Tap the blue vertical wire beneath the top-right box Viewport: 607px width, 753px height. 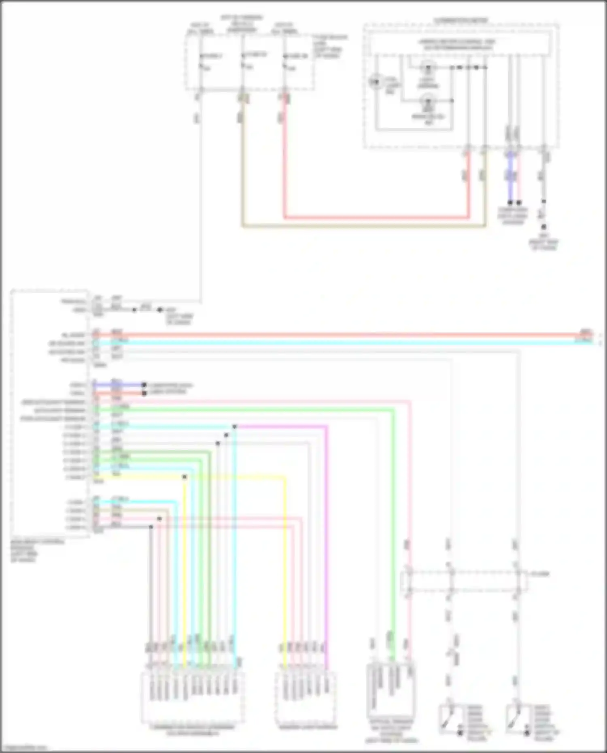(510, 178)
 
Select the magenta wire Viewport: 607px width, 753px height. (327, 526)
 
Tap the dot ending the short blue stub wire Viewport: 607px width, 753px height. (144, 385)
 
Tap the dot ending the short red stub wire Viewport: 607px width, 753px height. (144, 393)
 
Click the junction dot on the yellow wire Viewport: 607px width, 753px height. (185, 477)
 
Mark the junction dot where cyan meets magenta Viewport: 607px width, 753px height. (235, 426)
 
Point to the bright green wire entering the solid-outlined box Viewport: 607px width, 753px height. (392, 526)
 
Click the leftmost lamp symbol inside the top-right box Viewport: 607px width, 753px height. (375, 82)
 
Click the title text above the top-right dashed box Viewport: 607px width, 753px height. (461, 20)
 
